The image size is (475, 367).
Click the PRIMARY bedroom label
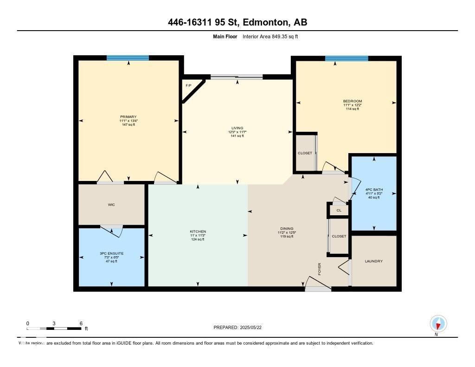(128, 117)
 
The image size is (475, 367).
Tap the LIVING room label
(237, 128)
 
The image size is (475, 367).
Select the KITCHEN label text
(198, 232)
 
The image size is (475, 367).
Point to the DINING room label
(286, 229)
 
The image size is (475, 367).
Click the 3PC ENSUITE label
(111, 253)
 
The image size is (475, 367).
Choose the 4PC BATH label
(373, 190)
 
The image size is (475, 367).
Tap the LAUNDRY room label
(373, 261)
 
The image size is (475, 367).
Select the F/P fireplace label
(188, 86)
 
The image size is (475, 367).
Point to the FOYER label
(320, 269)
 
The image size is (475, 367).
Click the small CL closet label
(339, 210)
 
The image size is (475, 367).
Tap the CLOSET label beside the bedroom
(305, 153)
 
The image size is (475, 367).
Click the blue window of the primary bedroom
(128, 58)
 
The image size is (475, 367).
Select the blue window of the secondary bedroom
(346, 58)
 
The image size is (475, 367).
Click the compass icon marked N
(438, 323)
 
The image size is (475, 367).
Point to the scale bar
(54, 329)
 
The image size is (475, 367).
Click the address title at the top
(237, 22)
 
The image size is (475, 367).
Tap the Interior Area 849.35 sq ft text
(270, 36)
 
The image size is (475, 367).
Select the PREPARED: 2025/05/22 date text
(240, 328)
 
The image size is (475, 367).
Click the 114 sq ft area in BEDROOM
(353, 109)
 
